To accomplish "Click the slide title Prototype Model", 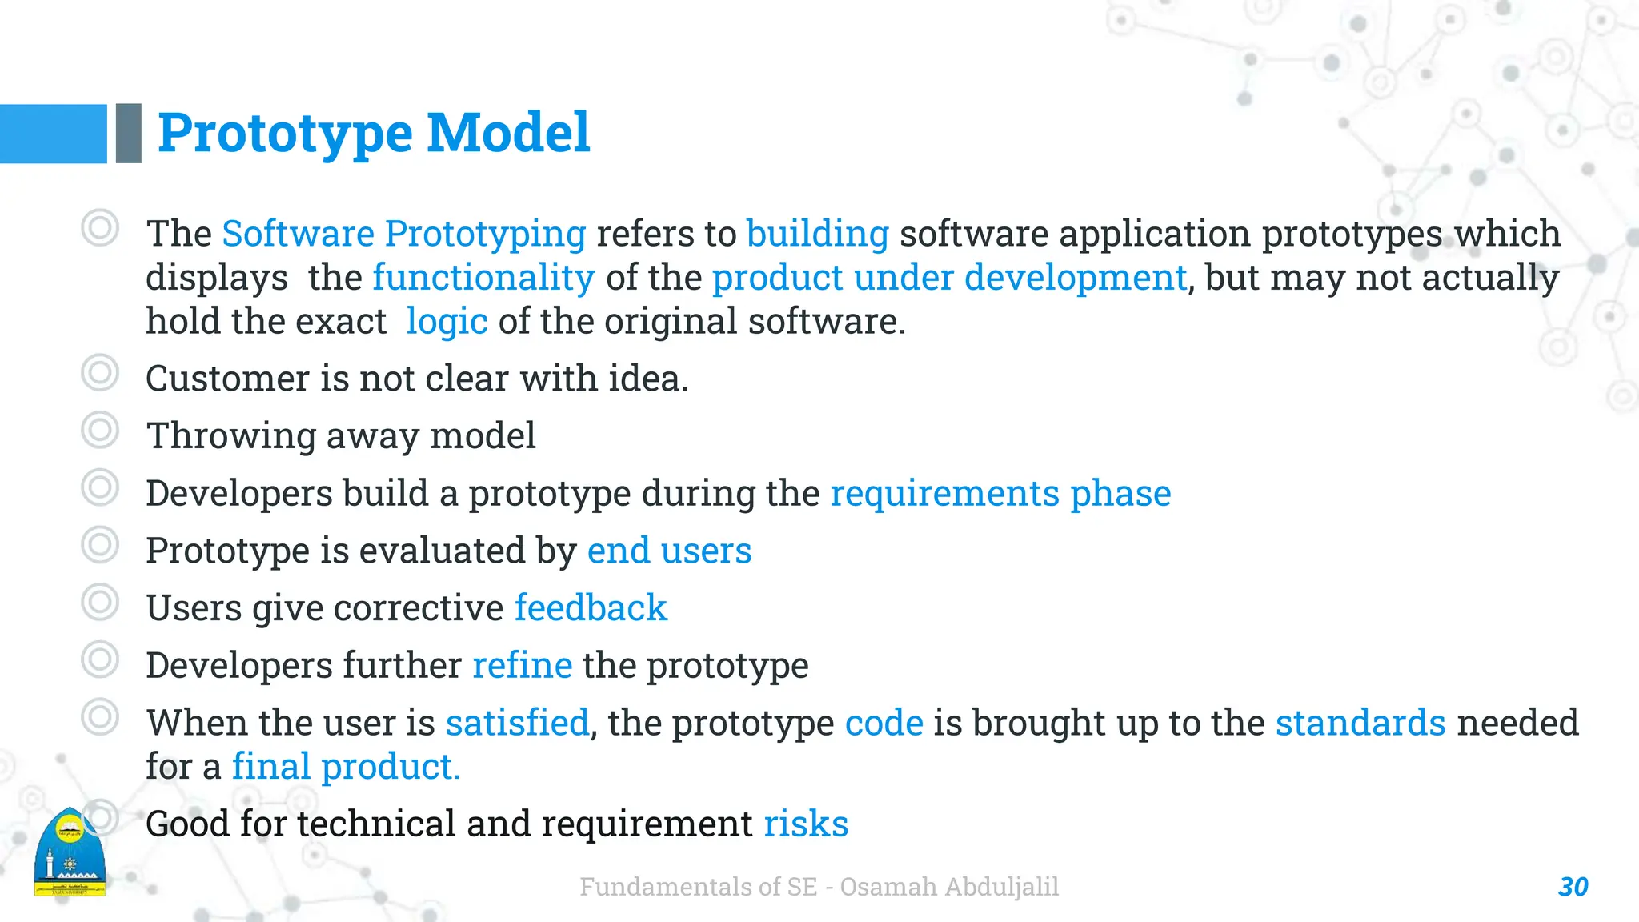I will tap(374, 133).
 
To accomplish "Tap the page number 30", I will tap(1573, 887).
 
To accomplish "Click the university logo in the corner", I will tap(70, 853).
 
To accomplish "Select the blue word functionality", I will tap(483, 278).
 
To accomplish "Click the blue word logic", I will tap(447, 322).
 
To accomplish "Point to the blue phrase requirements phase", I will tap(1000, 493).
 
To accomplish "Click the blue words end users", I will tap(669, 551).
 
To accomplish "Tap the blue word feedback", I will tap(590, 608).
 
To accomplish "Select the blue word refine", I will tap(522, 666).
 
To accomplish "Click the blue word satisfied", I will tap(517, 723).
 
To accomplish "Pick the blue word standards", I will tap(1360, 723).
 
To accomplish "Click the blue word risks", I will tap(805, 824).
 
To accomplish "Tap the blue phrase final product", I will tap(346, 767).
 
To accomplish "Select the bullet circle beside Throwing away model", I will tap(100, 431).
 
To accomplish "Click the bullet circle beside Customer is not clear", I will tap(100, 373).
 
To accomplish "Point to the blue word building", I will tap(817, 234).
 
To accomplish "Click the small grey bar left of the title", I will tap(128, 133).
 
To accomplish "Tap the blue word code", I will tap(884, 723).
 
